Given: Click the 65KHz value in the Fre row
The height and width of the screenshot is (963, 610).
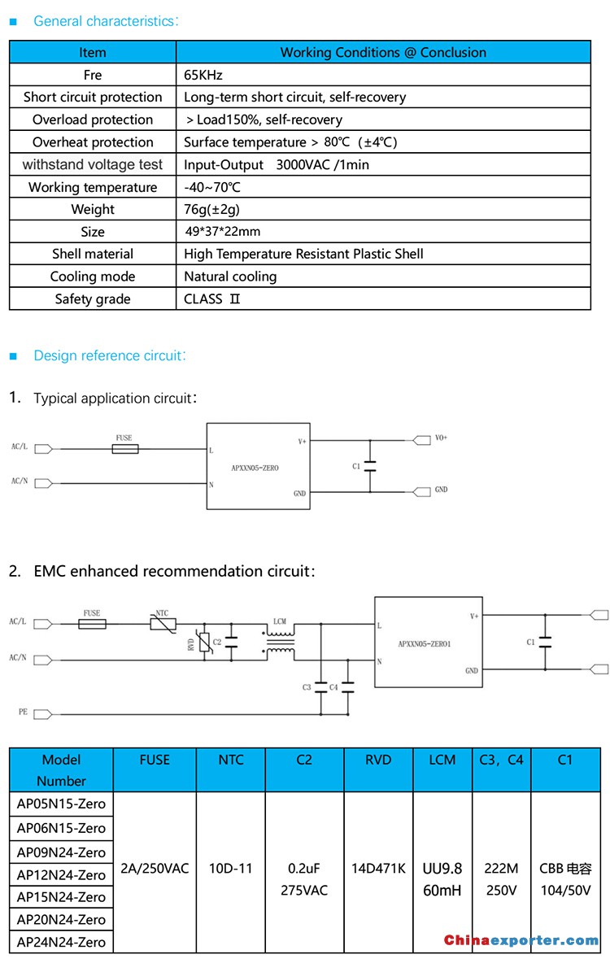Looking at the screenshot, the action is click(x=203, y=75).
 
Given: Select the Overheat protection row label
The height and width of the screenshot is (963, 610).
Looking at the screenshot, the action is click(x=93, y=142).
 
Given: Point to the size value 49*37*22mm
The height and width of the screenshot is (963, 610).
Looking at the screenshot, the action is click(x=222, y=232).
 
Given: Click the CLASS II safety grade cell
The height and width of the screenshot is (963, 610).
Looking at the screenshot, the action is click(x=212, y=299).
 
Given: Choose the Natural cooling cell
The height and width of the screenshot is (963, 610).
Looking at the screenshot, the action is click(x=230, y=277).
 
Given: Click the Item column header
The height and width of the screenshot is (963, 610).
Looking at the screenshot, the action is click(x=93, y=53).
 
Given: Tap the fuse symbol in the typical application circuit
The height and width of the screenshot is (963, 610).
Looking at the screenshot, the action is click(x=125, y=449).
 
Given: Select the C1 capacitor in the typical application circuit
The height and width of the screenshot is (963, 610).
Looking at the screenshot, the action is click(x=370, y=466).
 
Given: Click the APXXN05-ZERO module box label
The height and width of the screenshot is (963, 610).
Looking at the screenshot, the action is click(x=255, y=468).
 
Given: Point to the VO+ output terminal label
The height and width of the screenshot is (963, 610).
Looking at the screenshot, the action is click(x=441, y=438).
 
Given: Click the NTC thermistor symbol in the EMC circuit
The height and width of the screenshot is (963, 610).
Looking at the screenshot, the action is click(x=163, y=625).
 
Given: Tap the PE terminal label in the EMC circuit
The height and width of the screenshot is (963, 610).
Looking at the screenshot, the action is click(x=23, y=712).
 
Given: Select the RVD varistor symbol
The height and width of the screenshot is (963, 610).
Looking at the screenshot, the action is click(x=205, y=642).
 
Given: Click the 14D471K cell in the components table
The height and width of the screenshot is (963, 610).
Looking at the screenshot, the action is click(x=378, y=869).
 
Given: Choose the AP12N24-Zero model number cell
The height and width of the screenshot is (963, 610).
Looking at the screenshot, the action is click(x=62, y=875).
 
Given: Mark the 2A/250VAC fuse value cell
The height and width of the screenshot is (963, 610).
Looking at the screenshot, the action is click(x=155, y=869).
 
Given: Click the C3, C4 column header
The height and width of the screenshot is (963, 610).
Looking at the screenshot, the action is click(x=501, y=760).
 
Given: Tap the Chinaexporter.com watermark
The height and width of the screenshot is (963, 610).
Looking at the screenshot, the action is click(x=521, y=940).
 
